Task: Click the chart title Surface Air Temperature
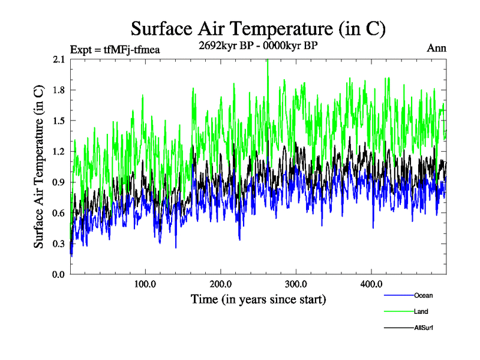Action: click(258, 28)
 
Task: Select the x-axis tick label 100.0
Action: click(145, 283)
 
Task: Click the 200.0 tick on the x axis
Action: click(221, 283)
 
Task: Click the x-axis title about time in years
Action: click(258, 299)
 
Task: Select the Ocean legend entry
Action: click(423, 295)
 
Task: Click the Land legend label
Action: click(421, 311)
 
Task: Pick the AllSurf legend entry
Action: click(424, 328)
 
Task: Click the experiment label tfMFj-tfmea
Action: click(115, 49)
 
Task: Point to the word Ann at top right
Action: click(436, 48)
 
